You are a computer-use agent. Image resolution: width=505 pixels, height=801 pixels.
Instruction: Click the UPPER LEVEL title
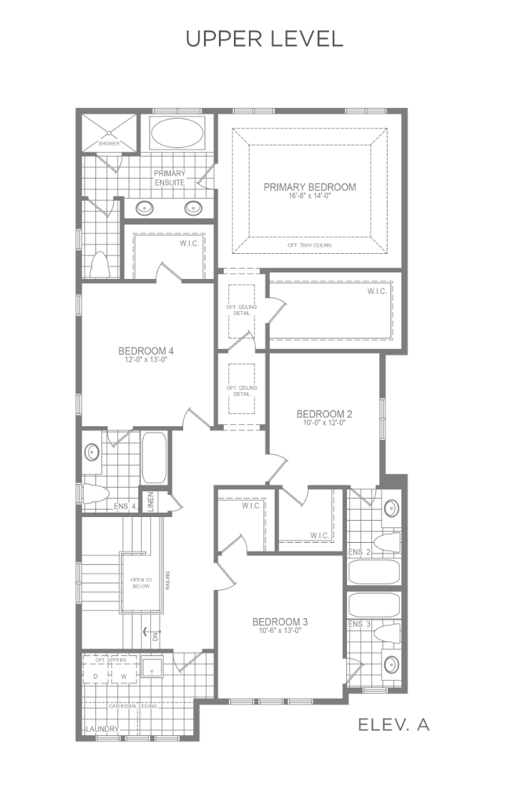264,39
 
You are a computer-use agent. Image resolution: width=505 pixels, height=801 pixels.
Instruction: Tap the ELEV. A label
393,724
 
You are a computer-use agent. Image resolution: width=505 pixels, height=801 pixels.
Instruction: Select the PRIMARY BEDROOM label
310,187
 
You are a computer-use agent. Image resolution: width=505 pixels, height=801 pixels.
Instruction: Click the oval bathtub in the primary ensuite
177,133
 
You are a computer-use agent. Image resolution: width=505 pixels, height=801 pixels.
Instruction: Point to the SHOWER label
109,144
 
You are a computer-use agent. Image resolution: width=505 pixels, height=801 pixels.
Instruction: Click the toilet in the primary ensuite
99,265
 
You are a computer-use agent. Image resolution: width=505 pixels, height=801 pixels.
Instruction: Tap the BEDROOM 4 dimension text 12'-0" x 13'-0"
146,359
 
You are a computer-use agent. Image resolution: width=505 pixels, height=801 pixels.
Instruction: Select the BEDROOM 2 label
325,414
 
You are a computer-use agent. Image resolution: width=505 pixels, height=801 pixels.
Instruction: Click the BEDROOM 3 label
280,621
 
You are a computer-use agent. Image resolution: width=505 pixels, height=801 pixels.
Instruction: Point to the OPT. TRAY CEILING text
310,245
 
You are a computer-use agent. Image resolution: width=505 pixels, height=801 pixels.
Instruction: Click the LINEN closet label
150,501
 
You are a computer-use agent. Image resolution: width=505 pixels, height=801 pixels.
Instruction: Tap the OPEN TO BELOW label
141,583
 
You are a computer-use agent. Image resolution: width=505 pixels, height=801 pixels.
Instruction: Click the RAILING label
167,581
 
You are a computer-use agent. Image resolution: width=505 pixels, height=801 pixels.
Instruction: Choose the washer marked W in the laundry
124,677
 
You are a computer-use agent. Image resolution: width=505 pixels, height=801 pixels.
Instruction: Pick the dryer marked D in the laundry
95,677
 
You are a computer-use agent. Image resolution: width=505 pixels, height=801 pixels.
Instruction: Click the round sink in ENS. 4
92,452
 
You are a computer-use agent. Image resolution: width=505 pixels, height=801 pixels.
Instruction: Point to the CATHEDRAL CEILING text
133,706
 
